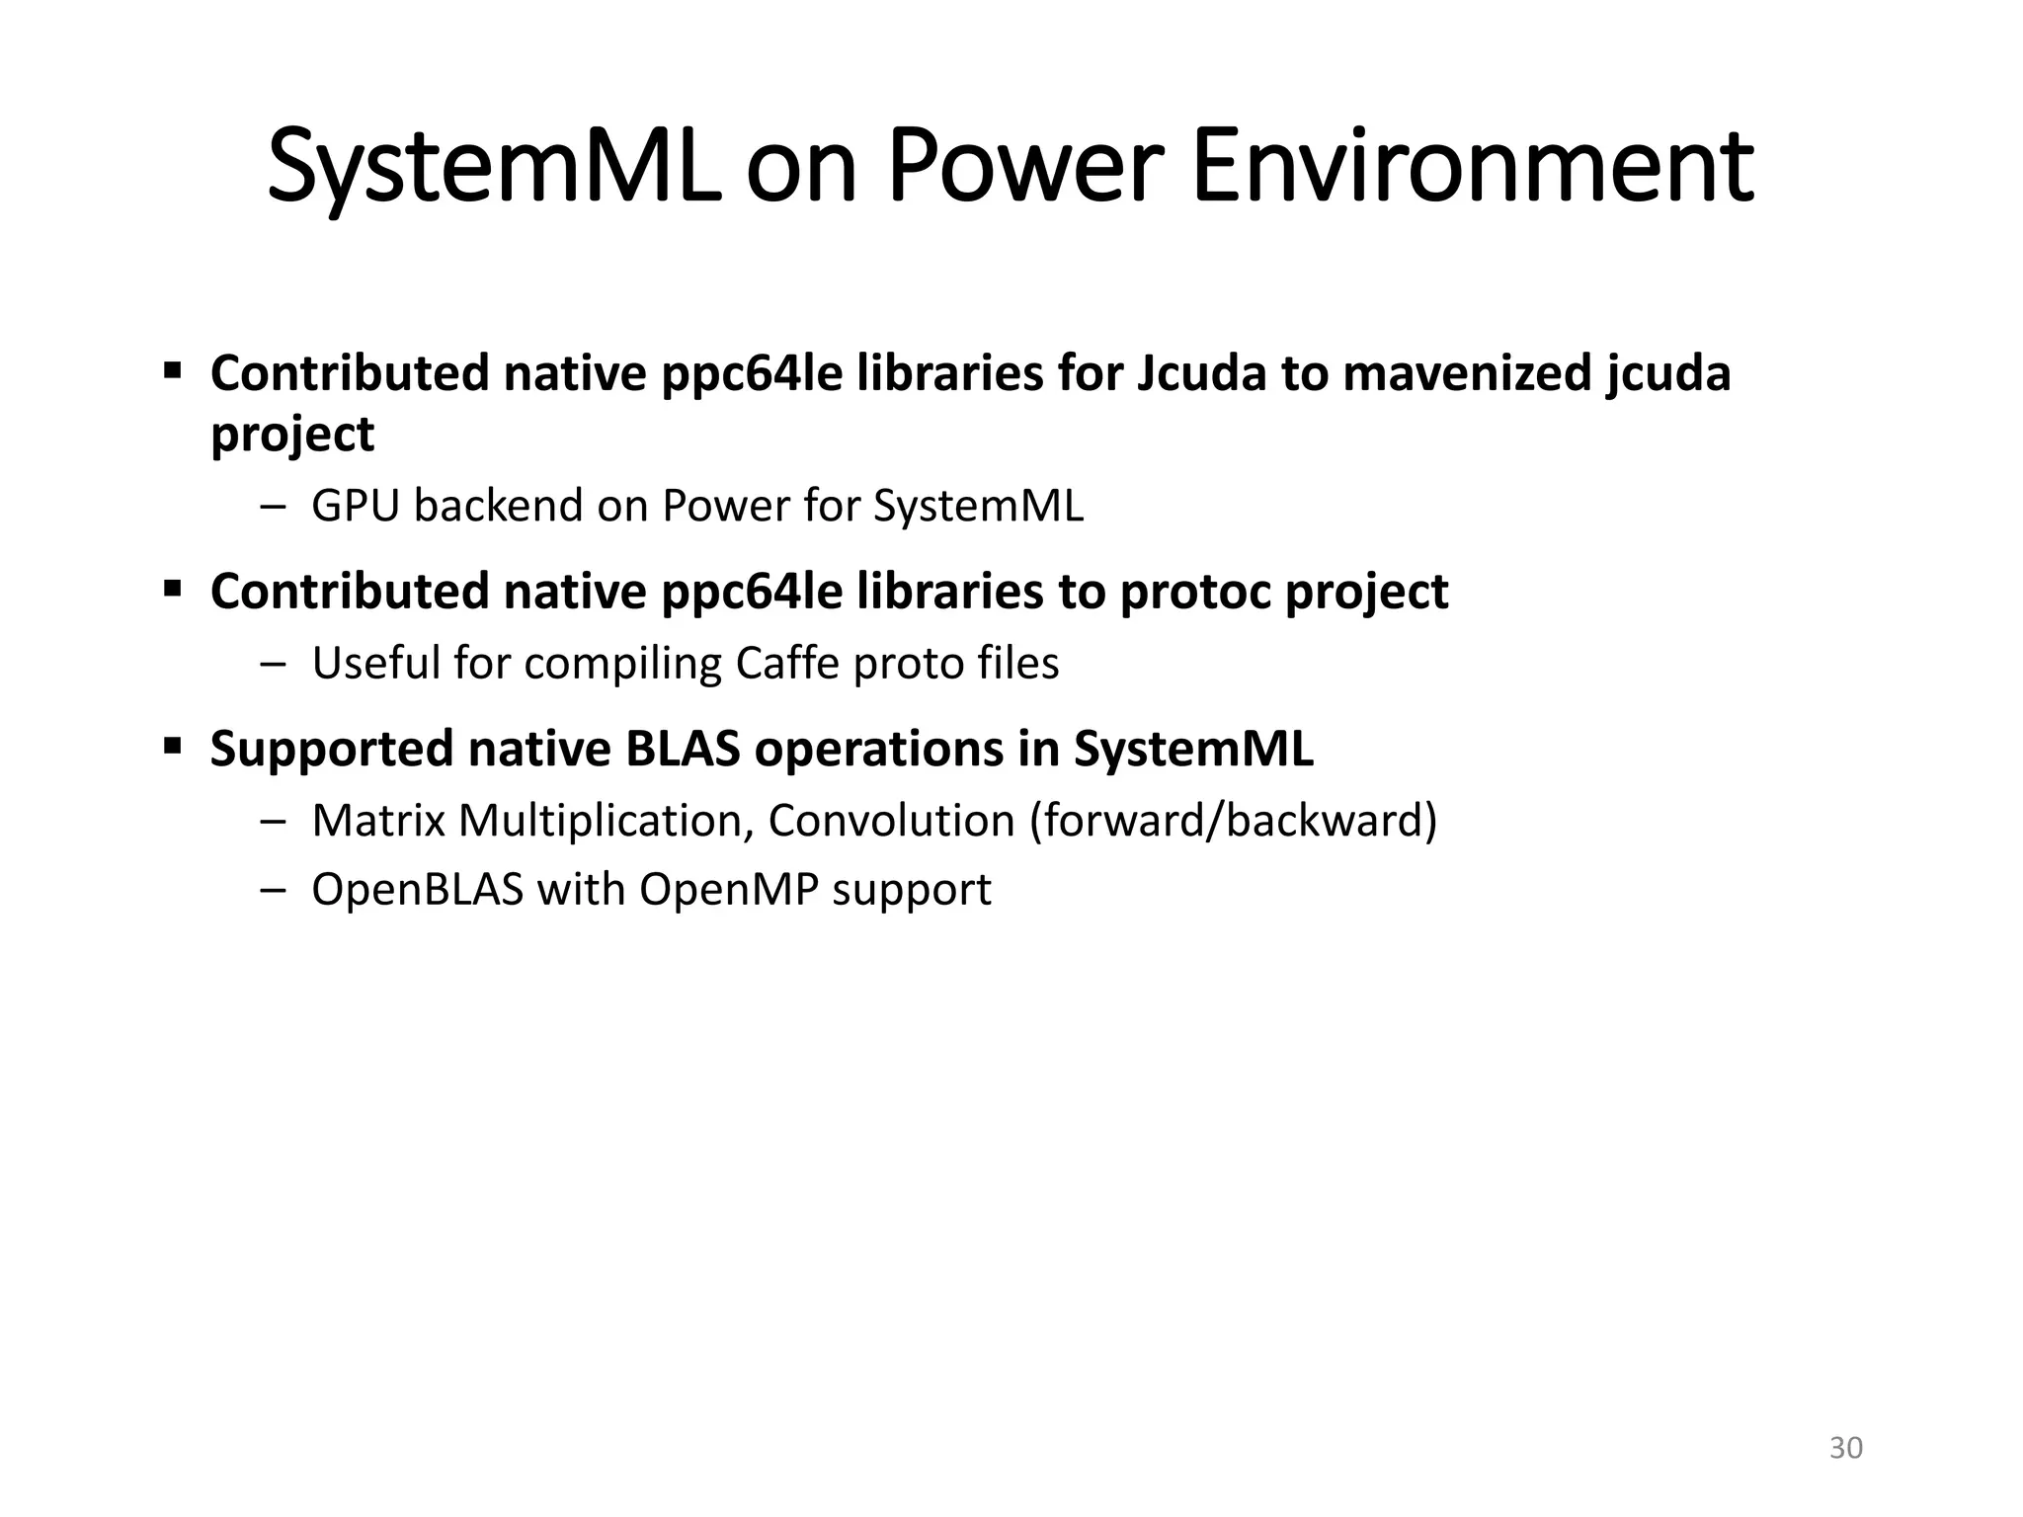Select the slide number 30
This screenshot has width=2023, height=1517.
(1846, 1448)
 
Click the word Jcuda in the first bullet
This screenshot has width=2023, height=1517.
(1200, 373)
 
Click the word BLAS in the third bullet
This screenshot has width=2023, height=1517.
(683, 749)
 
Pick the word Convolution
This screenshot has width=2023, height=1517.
(891, 821)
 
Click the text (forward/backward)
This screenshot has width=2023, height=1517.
(1233, 821)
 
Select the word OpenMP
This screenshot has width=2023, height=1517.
(729, 890)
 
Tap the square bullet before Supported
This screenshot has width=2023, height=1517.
(173, 745)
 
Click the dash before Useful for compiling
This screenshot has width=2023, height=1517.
(271, 664)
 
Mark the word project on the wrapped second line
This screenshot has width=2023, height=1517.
(292, 435)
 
